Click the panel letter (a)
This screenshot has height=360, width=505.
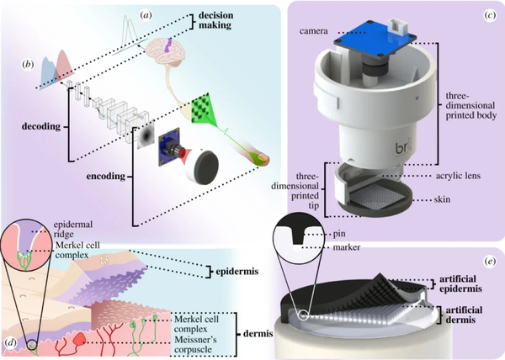pos(146,13)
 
